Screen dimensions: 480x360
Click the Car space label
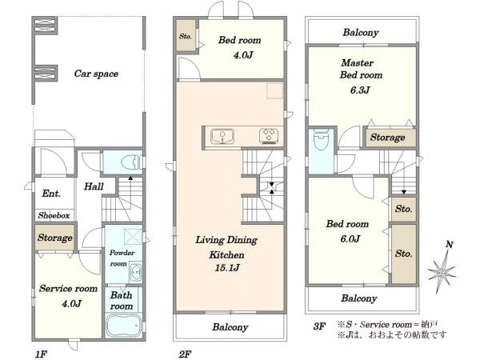[96, 74]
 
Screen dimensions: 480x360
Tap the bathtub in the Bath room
[124, 325]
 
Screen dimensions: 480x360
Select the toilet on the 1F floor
[132, 162]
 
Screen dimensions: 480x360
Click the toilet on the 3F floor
[321, 140]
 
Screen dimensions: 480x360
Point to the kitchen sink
[222, 136]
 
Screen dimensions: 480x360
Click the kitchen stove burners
[269, 136]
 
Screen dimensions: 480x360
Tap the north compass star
[442, 271]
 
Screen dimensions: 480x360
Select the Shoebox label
[54, 215]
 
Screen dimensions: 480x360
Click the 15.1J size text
[227, 268]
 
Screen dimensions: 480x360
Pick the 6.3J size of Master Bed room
[360, 90]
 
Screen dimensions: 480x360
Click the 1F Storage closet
[54, 238]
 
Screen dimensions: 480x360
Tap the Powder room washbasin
[135, 271]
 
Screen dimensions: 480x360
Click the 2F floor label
[185, 354]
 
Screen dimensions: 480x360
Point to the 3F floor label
[319, 326]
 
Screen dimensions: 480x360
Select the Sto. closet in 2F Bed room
[186, 36]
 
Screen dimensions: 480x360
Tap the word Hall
[94, 186]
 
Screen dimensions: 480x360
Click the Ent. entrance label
[51, 194]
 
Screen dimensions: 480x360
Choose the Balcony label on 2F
[230, 327]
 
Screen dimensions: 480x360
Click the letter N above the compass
[449, 245]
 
